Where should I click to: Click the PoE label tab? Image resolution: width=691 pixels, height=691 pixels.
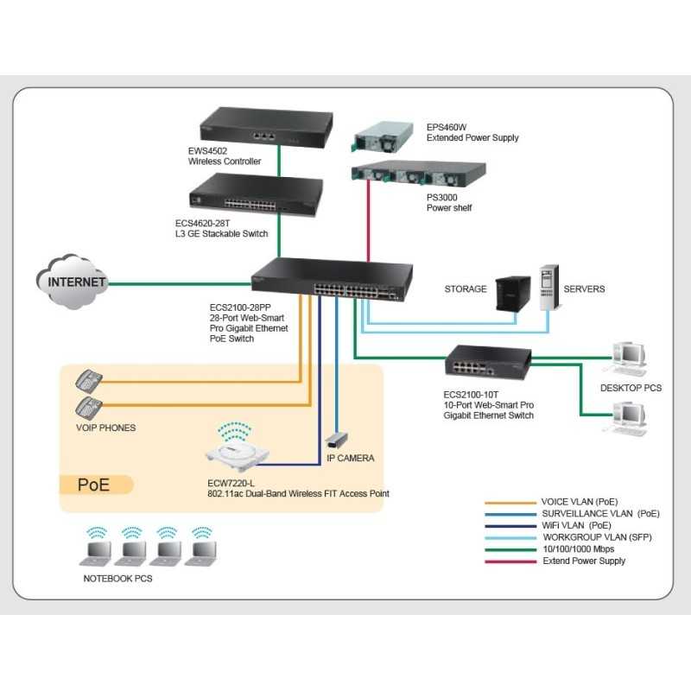point(94,485)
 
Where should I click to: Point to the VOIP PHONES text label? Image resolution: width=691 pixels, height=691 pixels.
point(105,428)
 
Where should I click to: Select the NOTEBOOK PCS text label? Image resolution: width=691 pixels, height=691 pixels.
point(117,578)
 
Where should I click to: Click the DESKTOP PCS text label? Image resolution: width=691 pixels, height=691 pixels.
point(631,388)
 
